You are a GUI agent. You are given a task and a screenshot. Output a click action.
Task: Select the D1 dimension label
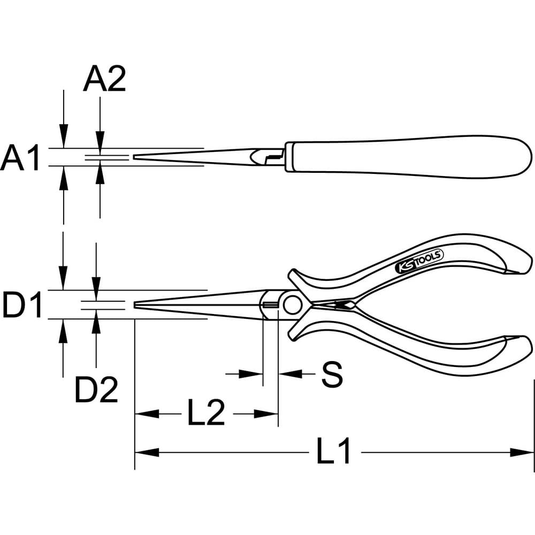click(22, 304)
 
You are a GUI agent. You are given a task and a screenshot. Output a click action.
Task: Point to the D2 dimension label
click(96, 389)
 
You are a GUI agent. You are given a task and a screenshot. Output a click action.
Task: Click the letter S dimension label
click(332, 374)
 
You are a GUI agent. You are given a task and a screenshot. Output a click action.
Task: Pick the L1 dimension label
click(333, 450)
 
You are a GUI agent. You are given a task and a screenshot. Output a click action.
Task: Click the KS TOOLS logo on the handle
click(419, 261)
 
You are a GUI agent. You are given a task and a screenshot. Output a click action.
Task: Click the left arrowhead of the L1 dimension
click(147, 453)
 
